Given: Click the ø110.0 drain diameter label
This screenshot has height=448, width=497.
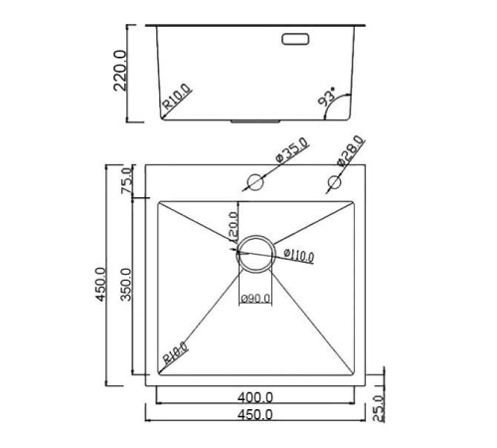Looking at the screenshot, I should tap(298, 256).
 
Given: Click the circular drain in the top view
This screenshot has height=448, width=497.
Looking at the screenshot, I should tap(255, 254).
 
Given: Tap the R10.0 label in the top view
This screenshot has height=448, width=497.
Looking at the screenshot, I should tap(172, 354).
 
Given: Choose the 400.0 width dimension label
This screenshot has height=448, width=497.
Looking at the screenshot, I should tap(255, 396).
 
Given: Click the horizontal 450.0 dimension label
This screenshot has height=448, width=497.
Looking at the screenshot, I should tap(255, 414).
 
